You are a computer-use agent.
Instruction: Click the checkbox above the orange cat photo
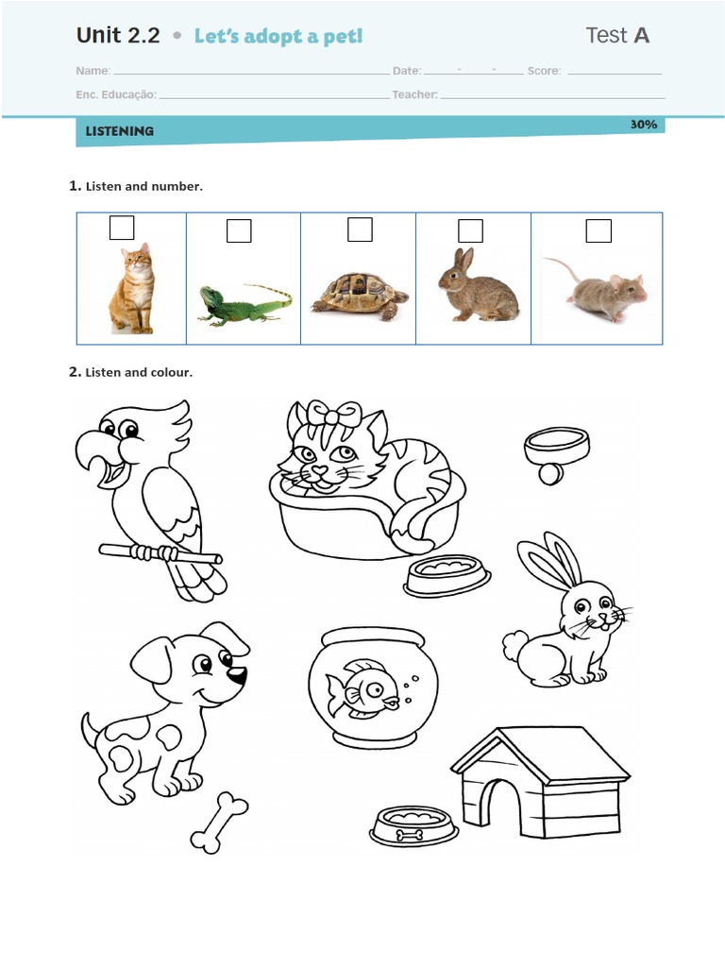pos(122,228)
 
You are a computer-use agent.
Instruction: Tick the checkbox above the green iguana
pos(239,230)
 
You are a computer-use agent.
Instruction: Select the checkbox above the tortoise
pos(360,229)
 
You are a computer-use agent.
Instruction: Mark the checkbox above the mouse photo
pos(599,230)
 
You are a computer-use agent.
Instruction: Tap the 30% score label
pos(643,125)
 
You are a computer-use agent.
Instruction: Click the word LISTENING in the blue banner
pos(119,131)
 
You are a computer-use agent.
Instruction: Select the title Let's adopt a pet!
pos(278,37)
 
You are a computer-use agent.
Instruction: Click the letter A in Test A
pos(641,36)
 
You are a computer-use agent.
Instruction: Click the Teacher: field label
pos(414,94)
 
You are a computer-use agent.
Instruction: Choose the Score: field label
pos(544,71)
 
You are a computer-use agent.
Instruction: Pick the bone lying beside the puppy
pos(219,823)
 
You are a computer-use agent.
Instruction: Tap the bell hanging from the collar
pos(549,473)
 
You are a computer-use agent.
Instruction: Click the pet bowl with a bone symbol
pos(413,826)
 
